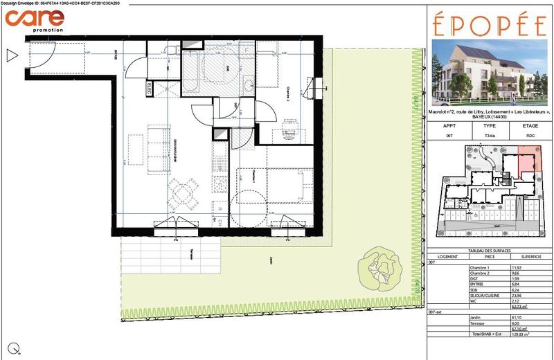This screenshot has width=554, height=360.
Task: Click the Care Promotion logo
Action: (x=35, y=19)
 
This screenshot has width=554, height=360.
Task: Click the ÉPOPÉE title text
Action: (x=489, y=26)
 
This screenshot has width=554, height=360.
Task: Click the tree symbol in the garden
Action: (x=379, y=266)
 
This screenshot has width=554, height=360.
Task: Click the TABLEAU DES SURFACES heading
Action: (x=489, y=250)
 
